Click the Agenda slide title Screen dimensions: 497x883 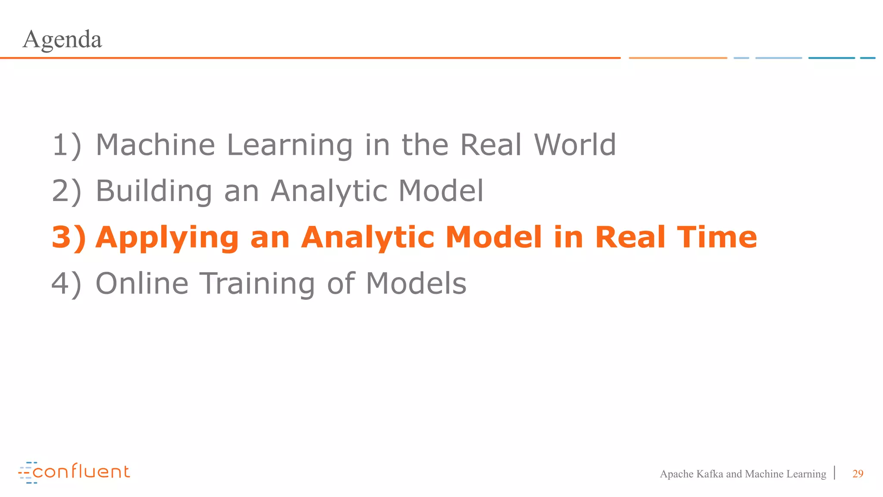(62, 40)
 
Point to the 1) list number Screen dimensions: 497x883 (66, 145)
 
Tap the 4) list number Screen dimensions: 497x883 (66, 284)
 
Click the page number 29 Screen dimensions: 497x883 (858, 474)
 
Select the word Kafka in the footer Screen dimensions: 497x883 (709, 474)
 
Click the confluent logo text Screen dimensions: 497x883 (81, 472)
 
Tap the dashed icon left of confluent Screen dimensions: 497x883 (26, 473)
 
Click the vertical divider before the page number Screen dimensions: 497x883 (835, 473)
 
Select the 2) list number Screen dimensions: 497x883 (66, 191)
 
